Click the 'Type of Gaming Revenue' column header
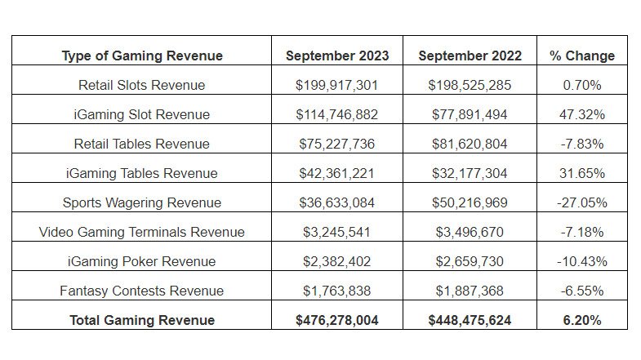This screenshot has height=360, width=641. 142,56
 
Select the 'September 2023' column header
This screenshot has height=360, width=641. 337,56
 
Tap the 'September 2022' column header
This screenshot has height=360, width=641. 470,56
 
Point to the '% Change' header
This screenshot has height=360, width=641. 582,56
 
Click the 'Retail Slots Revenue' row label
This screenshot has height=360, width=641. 142,85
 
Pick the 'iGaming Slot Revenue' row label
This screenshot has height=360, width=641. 142,114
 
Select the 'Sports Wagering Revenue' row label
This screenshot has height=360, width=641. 142,202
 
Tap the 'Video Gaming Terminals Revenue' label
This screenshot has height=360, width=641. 142,232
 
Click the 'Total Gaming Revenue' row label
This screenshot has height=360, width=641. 142,320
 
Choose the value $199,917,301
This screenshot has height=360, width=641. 337,85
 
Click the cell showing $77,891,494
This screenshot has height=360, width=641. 470,114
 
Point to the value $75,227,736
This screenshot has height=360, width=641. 337,144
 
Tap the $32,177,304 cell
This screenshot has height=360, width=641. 470,173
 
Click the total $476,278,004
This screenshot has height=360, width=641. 337,320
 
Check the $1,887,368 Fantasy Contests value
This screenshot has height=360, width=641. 470,291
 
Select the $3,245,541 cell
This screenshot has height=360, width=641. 337,232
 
